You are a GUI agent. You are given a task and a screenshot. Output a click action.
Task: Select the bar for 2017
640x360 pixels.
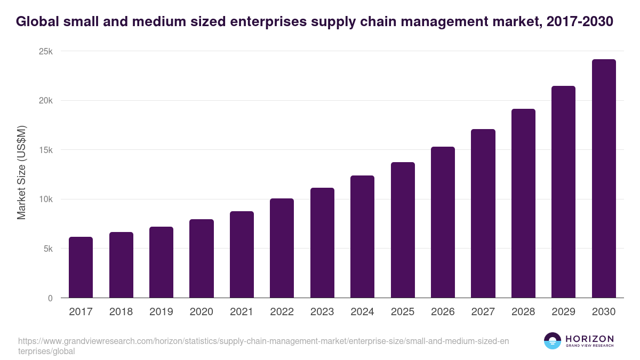tap(81, 267)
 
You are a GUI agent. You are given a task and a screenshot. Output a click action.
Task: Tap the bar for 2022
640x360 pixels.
tap(282, 248)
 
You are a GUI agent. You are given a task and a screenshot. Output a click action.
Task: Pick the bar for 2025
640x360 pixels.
tap(403, 230)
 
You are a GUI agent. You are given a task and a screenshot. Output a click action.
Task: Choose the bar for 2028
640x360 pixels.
tap(523, 203)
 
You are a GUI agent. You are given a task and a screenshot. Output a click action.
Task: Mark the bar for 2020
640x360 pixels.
tap(201, 259)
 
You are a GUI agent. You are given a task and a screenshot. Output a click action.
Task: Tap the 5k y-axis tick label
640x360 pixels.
tap(48, 249)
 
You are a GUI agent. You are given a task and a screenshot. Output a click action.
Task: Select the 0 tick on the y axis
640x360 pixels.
tap(50, 299)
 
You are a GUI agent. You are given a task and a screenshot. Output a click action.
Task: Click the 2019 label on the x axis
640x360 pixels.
tap(161, 312)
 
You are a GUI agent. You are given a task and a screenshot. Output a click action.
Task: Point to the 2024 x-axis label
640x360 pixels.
tap(362, 312)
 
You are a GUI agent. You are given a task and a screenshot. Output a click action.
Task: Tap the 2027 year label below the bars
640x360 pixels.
tap(483, 312)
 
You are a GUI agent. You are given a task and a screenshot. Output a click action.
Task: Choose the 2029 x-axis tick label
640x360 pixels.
tap(563, 312)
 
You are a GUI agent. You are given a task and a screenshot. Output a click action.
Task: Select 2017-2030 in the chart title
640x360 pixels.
tap(580, 22)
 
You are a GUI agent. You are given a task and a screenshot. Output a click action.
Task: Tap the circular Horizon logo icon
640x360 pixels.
tap(553, 341)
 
